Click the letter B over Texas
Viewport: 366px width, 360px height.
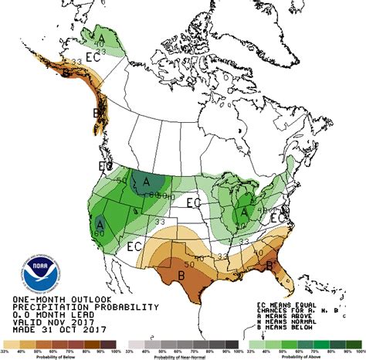point(181,273)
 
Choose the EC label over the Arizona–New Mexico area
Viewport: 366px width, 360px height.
point(134,247)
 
